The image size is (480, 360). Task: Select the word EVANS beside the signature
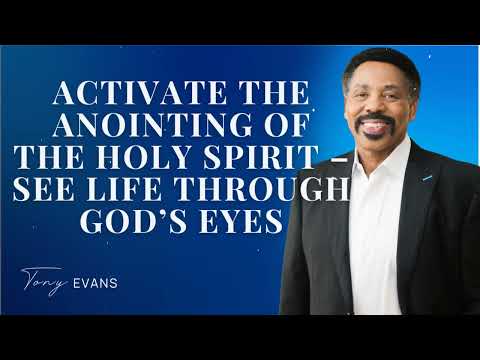[97, 282]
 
